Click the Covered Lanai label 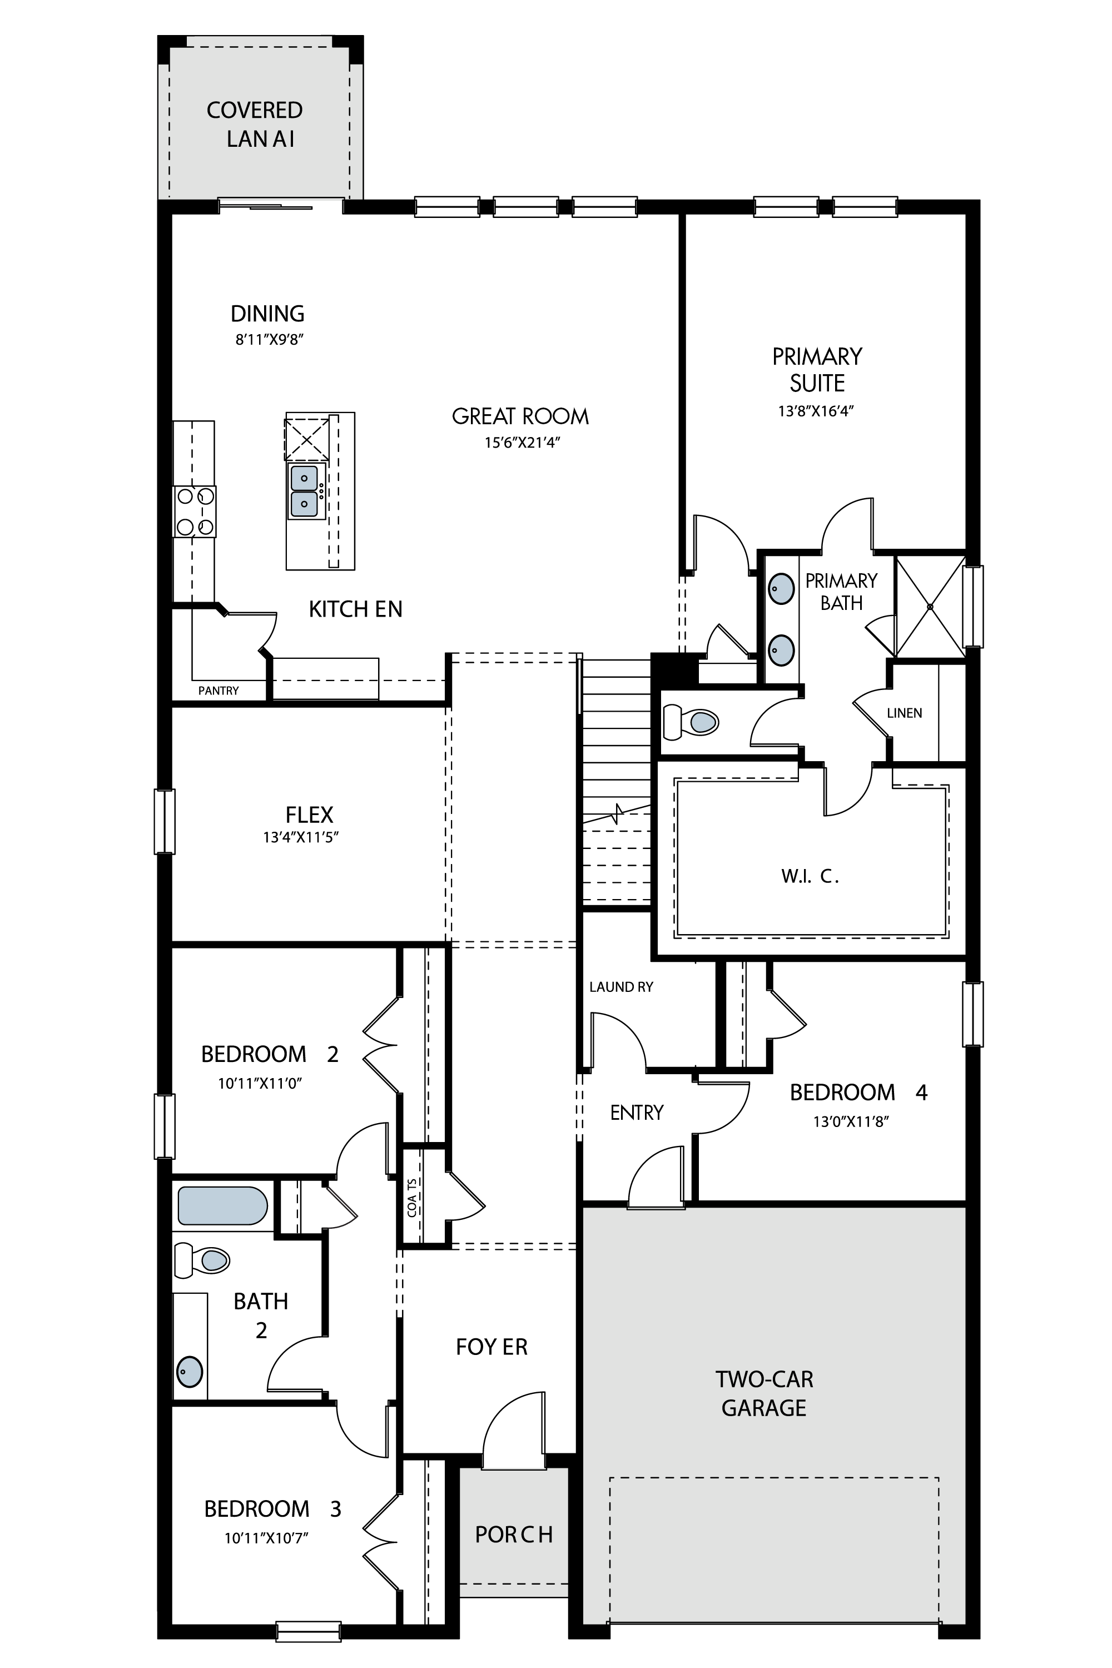coord(255,124)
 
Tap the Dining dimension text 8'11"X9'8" coord(270,340)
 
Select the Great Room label coord(520,416)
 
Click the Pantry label coord(219,691)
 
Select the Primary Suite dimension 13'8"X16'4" coord(816,411)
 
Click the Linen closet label coord(904,713)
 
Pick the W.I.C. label coord(811,877)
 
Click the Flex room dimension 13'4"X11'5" coord(301,837)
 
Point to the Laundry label coord(621,987)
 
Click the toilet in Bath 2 coord(202,1260)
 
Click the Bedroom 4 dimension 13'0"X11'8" coord(851,1122)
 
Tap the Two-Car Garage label coord(764,1393)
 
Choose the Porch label coord(514,1534)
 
